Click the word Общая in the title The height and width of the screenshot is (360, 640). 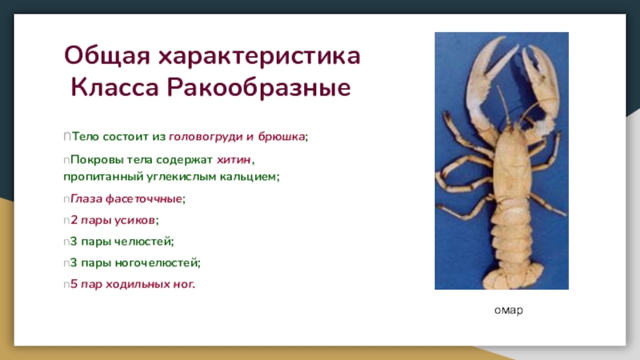click(107, 56)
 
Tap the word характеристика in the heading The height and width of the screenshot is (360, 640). click(259, 56)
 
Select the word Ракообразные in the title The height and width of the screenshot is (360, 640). click(258, 88)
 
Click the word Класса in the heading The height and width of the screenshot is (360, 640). click(114, 88)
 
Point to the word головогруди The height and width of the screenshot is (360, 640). click(206, 136)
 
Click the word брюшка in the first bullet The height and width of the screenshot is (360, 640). click(282, 136)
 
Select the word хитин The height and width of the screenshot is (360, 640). click(234, 159)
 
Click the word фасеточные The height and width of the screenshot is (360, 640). click(144, 198)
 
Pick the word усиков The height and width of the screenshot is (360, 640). click(134, 221)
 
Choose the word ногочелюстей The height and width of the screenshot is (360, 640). click(156, 263)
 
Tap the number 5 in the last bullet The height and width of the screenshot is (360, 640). click(74, 284)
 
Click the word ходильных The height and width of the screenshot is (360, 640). click(138, 284)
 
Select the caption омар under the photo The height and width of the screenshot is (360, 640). click(509, 310)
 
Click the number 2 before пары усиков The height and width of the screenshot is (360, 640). click(74, 221)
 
